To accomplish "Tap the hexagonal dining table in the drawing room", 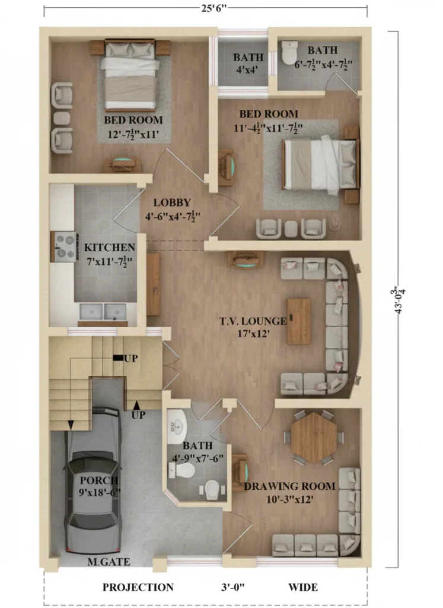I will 313,437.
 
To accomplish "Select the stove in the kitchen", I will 64,246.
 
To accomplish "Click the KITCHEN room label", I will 109,247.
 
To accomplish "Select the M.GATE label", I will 109,562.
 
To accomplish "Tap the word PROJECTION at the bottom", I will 138,587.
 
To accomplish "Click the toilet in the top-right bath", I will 289,52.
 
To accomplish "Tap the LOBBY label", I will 171,202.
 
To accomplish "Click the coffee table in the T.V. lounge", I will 298,321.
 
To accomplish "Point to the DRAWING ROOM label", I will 289,486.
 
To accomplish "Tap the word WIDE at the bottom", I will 303,587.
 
